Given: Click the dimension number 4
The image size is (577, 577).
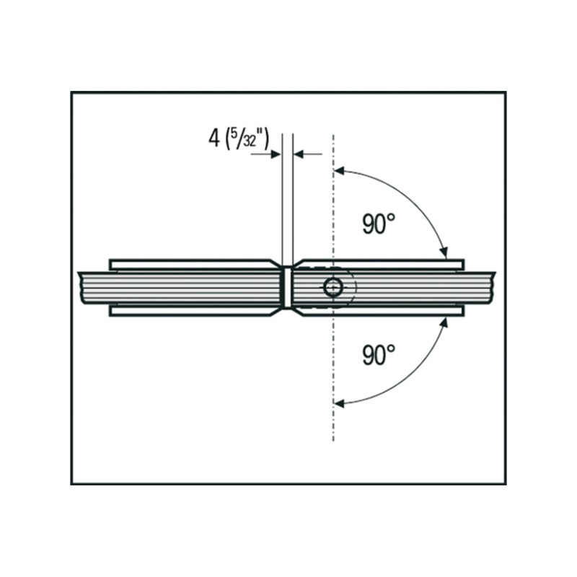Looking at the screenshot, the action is (213, 138).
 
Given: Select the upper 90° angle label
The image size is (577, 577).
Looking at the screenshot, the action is (379, 224).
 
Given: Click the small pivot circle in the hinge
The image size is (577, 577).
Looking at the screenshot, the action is (333, 287).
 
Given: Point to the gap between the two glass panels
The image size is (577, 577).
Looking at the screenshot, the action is (288, 287).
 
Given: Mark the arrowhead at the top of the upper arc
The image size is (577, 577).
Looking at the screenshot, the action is (339, 171).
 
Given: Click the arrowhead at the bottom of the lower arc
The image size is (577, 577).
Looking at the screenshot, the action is (339, 403).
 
